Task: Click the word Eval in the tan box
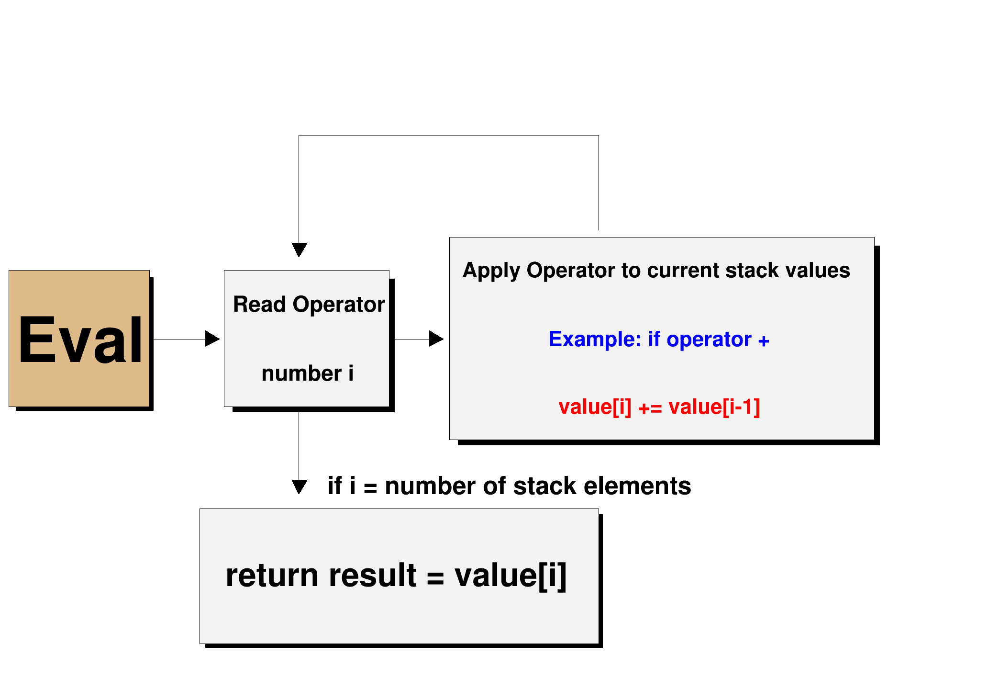click(80, 340)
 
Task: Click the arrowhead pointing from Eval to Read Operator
click(212, 339)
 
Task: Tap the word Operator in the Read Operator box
click(338, 305)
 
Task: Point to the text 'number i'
click(307, 373)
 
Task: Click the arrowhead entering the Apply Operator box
click(436, 339)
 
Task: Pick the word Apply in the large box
click(491, 271)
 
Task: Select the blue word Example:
click(594, 339)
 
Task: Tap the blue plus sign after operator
click(764, 341)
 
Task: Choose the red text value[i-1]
click(714, 407)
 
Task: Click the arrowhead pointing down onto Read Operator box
click(299, 249)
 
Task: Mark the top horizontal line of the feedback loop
click(448, 136)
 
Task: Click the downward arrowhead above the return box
click(299, 486)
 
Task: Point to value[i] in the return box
click(510, 576)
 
